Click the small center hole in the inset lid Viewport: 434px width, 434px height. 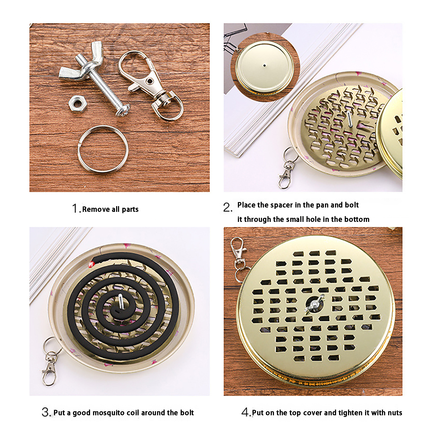pos(265,65)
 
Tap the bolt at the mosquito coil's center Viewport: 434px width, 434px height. pos(120,301)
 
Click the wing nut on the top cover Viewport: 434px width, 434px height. pos(314,304)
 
